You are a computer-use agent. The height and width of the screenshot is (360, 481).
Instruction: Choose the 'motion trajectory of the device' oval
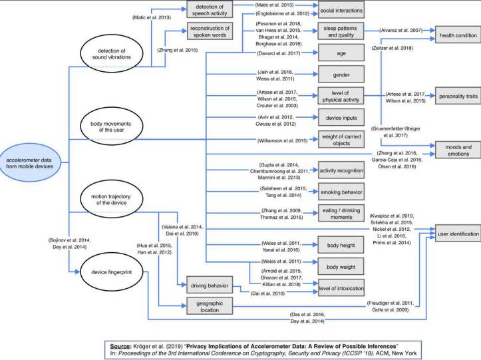click(116, 198)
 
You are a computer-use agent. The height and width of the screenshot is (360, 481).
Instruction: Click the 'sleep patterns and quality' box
click(341, 31)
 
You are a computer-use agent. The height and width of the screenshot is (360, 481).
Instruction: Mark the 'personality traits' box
click(458, 95)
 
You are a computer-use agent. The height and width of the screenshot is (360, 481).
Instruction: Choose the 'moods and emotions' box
click(458, 148)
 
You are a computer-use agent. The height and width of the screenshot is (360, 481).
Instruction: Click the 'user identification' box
click(458, 234)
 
